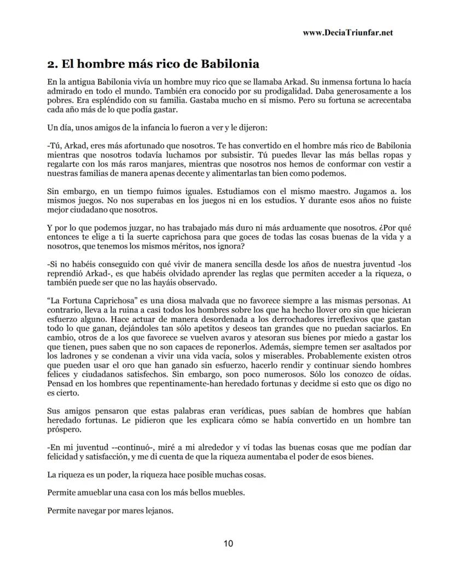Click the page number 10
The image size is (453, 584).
[x=228, y=544]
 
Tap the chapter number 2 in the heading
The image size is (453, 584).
[x=51, y=63]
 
